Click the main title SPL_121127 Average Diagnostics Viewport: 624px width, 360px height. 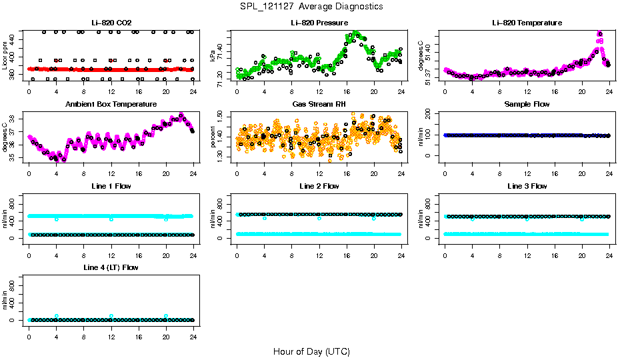312,6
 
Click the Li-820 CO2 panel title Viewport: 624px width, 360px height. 111,23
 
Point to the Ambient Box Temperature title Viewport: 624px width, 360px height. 111,104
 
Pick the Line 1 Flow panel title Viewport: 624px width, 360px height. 111,186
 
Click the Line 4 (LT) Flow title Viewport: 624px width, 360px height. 111,267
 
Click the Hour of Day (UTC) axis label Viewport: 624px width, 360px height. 311,351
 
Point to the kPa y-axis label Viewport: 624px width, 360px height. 213,57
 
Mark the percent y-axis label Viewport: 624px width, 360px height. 213,138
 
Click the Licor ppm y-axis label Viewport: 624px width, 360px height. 5,57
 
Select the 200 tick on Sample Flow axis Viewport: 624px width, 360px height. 430,115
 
